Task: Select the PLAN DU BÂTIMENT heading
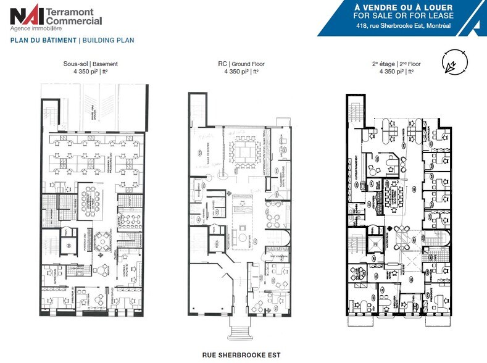(x=43, y=40)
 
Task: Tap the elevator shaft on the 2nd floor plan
(x=375, y=231)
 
